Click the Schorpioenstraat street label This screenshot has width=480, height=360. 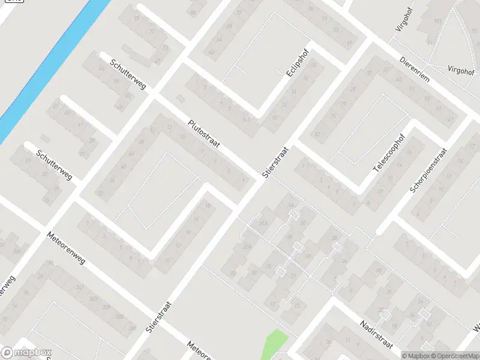pos(428,172)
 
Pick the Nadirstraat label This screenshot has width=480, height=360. pos(376,334)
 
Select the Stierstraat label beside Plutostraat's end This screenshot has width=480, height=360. pos(275,162)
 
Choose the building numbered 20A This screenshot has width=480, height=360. pos(247,246)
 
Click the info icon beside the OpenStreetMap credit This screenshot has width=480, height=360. pos(405,356)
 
